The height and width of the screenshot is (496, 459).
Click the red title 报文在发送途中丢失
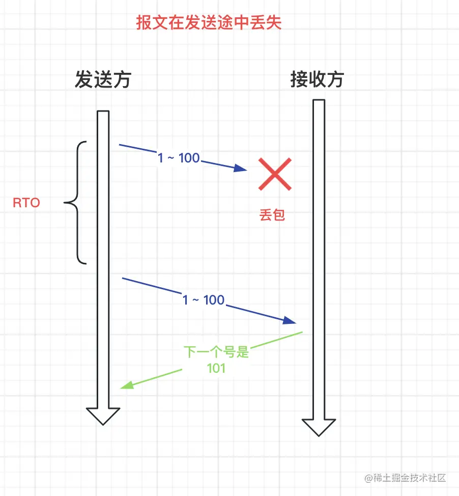point(209,23)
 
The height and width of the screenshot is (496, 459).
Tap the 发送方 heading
point(103,80)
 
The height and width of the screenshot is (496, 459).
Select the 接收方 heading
point(317,80)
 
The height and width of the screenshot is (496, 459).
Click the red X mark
point(275,174)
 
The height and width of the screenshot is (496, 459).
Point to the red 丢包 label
point(272,215)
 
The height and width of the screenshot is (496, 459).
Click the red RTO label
point(26,203)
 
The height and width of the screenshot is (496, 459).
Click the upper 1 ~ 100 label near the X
point(179,158)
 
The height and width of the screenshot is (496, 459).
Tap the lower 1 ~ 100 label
point(204,300)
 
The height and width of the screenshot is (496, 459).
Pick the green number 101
point(216,368)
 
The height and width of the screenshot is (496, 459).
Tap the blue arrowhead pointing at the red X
point(241,169)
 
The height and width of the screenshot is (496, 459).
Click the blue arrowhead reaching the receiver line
point(290,320)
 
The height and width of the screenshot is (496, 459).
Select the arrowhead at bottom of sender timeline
point(103,416)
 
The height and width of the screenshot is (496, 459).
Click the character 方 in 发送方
point(122,80)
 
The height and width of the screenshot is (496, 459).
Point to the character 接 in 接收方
point(299,80)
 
